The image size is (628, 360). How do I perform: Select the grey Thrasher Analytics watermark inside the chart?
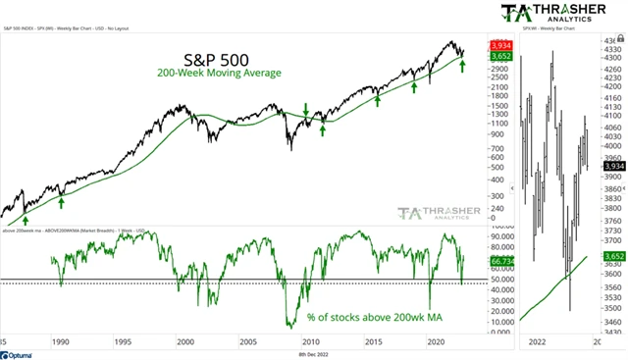point(437,215)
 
